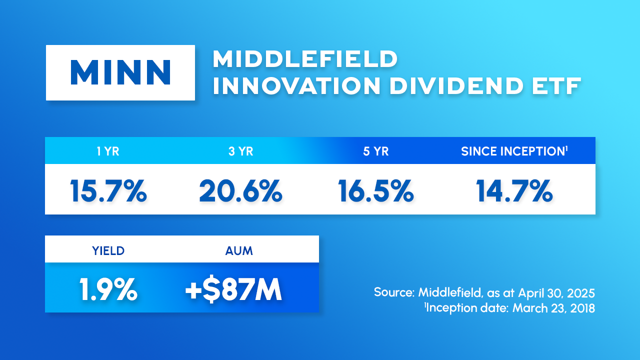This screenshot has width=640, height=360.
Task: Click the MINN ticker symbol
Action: click(x=120, y=72)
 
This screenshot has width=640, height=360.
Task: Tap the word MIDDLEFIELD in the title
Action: click(x=305, y=59)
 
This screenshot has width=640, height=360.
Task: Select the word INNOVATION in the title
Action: click(x=297, y=85)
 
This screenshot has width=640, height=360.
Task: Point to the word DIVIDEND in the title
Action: click(x=456, y=85)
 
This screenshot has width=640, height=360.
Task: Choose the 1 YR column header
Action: click(x=108, y=151)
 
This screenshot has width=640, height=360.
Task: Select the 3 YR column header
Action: click(x=241, y=151)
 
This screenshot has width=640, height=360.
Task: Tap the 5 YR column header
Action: click(x=375, y=151)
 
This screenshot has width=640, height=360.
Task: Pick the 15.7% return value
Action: click(x=108, y=191)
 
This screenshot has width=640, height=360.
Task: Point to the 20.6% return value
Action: click(x=240, y=191)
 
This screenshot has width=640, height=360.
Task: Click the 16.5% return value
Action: click(x=375, y=191)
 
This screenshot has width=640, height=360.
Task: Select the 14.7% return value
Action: click(x=514, y=191)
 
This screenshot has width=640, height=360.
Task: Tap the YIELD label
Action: click(x=108, y=251)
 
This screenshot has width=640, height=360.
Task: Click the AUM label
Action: click(x=239, y=251)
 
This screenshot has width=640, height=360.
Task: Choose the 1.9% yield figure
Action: click(x=108, y=290)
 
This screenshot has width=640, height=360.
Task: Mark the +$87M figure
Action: click(x=233, y=289)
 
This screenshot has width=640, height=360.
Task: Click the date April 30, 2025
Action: click(x=556, y=293)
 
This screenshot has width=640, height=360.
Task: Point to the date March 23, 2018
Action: click(x=553, y=308)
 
